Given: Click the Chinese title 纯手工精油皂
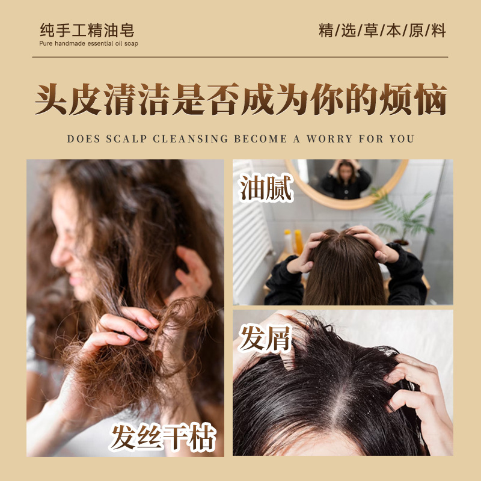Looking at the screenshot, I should [x=87, y=29].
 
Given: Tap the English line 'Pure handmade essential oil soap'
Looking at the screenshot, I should [x=89, y=44].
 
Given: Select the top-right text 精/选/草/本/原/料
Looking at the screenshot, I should [x=382, y=31].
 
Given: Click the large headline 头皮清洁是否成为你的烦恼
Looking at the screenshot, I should [x=240, y=99].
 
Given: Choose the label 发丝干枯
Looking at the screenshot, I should [x=162, y=438].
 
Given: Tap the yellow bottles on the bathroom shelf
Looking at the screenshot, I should [x=293, y=241].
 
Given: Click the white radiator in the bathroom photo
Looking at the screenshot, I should [x=250, y=240].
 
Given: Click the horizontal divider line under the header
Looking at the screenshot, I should [x=240, y=57].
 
